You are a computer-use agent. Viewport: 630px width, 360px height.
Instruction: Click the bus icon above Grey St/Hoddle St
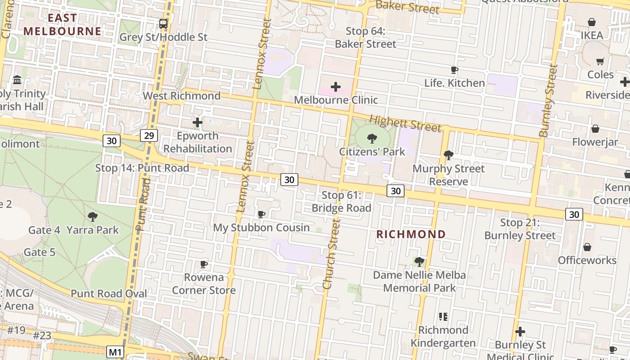[163, 23]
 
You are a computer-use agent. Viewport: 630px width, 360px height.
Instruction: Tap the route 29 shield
[149, 135]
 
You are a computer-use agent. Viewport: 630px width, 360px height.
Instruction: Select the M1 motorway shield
[115, 351]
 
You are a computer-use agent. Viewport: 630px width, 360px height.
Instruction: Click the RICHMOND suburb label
[411, 234]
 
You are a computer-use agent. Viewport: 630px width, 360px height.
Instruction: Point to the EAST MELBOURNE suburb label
[63, 25]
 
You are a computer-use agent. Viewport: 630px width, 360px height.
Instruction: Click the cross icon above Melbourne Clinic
[336, 87]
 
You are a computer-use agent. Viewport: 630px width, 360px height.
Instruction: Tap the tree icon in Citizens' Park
[372, 139]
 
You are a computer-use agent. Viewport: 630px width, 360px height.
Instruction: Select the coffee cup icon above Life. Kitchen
[454, 70]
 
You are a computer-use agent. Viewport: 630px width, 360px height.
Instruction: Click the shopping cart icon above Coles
[600, 61]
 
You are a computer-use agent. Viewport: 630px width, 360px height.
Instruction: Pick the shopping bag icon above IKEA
[592, 22]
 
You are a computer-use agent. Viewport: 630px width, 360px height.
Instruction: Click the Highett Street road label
[405, 124]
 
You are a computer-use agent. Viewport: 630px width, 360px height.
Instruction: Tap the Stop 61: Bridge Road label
[342, 202]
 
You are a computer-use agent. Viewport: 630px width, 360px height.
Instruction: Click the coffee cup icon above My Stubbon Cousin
[261, 214]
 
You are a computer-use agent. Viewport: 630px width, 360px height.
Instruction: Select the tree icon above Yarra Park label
[93, 217]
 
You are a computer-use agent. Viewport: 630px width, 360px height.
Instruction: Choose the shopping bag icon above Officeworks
[587, 247]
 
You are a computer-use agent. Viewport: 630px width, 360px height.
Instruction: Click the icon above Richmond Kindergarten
[443, 317]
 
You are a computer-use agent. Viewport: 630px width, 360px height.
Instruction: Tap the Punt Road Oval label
[109, 294]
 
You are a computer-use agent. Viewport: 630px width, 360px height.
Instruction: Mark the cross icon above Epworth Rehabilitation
[198, 122]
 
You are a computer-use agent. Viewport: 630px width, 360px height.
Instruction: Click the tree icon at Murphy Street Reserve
[448, 155]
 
